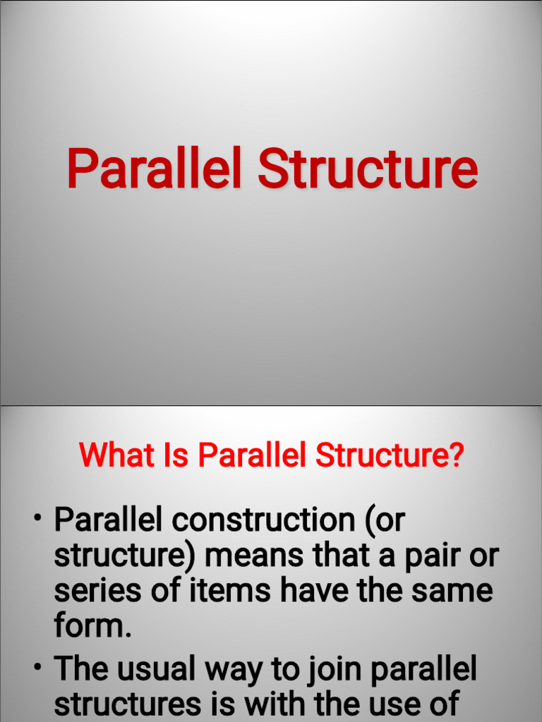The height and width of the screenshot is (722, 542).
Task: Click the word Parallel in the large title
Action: (155, 168)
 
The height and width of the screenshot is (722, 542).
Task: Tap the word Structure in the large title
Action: (367, 169)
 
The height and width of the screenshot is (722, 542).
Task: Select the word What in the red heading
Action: (116, 455)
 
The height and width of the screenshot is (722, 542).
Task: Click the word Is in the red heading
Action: (176, 455)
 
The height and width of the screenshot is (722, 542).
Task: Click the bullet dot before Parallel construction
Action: (38, 518)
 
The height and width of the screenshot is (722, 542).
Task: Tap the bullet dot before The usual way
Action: (38, 666)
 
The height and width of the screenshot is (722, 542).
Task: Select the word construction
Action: (263, 520)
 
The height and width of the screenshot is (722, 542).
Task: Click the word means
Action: (254, 556)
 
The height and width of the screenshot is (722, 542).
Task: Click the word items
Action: (229, 590)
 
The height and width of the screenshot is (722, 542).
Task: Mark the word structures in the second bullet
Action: (128, 704)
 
